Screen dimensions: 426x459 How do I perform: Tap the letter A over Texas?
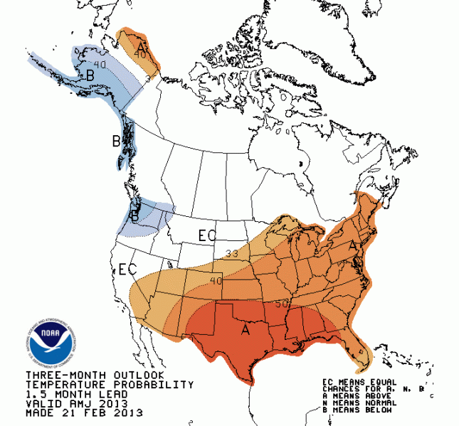coord(245,329)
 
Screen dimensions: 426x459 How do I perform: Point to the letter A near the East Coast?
coord(352,244)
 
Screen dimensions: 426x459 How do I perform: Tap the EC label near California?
coord(127,270)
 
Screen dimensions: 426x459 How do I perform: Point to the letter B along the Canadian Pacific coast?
coord(117,142)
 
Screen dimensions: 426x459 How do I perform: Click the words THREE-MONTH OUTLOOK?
coord(95,375)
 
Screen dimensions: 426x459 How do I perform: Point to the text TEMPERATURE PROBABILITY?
coord(110,384)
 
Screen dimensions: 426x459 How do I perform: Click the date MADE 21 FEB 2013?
coord(84,412)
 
